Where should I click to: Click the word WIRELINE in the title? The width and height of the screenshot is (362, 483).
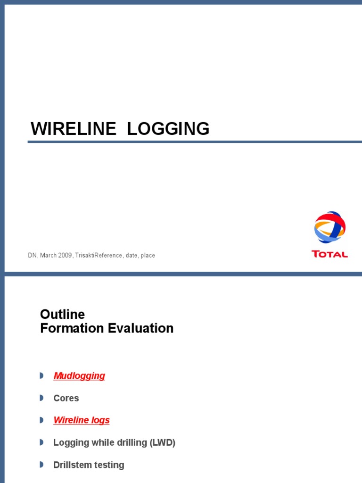(x=73, y=129)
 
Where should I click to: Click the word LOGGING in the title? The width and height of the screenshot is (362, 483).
(x=168, y=129)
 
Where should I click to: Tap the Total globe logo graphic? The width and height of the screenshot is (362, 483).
(x=329, y=228)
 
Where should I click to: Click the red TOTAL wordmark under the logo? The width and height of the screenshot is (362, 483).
(x=329, y=254)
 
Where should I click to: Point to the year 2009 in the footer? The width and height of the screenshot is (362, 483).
(x=65, y=256)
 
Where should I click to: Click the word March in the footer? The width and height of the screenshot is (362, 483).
(x=49, y=256)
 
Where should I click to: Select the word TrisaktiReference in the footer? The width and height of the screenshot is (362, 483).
(x=99, y=256)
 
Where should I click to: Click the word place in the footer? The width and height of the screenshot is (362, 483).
(x=148, y=256)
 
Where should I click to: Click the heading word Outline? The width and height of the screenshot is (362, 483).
(x=62, y=314)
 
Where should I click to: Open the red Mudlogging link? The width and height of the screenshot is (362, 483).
(x=79, y=376)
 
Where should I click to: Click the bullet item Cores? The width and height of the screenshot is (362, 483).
(x=66, y=398)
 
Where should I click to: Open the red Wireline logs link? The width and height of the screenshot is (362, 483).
(x=82, y=420)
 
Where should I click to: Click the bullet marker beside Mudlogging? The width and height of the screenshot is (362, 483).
(x=41, y=376)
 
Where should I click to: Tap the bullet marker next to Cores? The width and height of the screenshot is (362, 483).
(x=41, y=398)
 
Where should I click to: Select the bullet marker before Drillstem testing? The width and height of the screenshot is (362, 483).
(x=41, y=465)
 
